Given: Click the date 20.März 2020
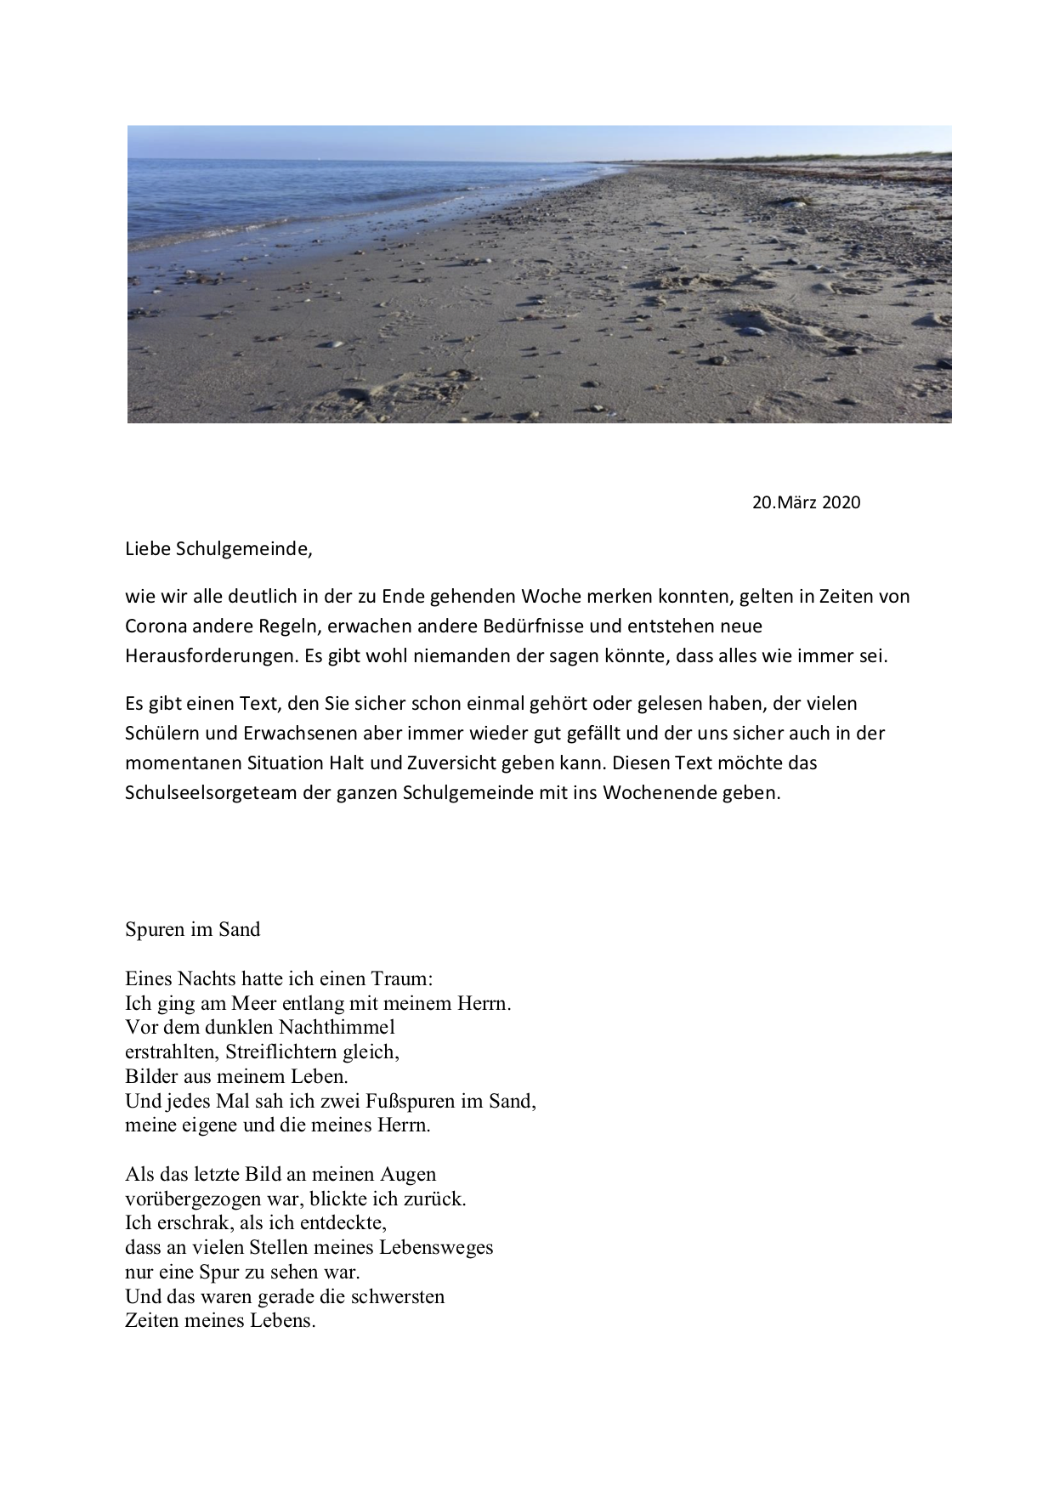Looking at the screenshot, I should tap(806, 502).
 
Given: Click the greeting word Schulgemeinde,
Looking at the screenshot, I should tap(244, 549).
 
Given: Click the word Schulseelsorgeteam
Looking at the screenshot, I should tap(204, 793).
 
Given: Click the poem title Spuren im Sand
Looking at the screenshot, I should tap(192, 929).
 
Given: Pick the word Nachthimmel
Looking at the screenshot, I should tap(337, 1027).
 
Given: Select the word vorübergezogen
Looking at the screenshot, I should tap(193, 1199).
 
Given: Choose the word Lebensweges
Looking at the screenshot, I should tap(433, 1248).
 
